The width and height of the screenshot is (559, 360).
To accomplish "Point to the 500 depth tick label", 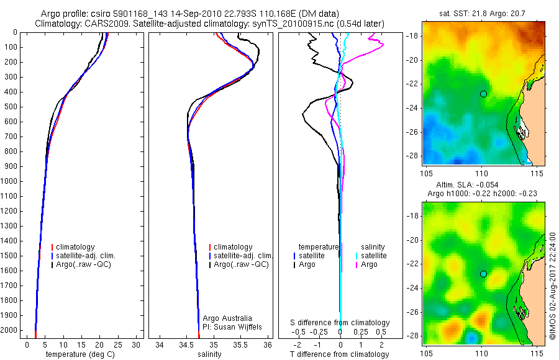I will coord(11,106).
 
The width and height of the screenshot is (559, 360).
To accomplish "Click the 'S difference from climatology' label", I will coord(340,323).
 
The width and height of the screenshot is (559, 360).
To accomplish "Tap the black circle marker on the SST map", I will coord(483,94).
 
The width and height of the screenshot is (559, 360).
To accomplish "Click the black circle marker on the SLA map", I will coord(483,274).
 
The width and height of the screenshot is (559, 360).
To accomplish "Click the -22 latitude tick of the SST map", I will coord(413,84).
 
